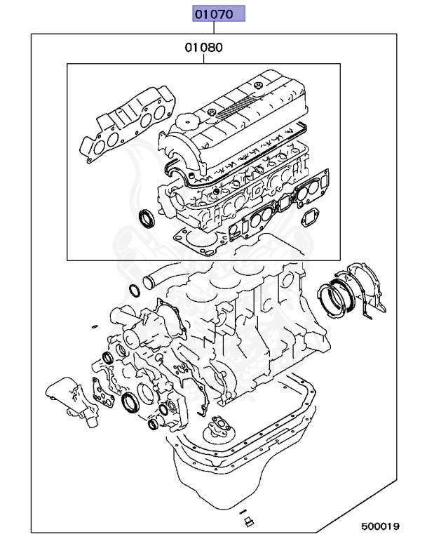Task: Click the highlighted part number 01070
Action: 219,13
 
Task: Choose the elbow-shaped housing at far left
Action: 65,399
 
